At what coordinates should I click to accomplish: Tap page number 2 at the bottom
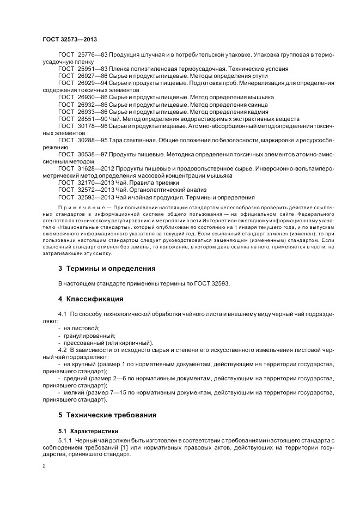44,466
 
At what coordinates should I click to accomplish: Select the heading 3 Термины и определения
107,269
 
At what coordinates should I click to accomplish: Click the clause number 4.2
63,349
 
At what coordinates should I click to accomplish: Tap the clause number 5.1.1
65,440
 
